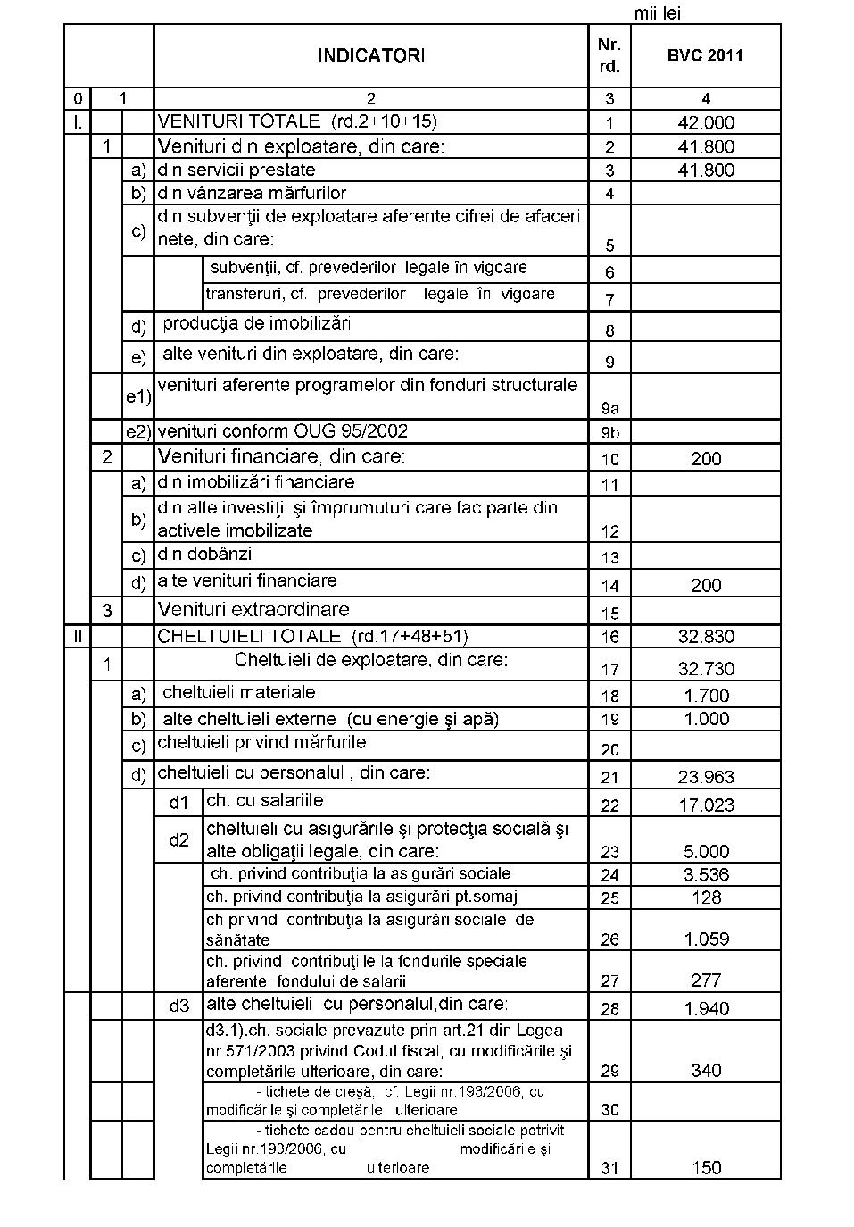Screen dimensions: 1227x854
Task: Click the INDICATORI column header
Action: tap(371, 55)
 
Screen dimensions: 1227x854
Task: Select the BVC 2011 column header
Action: tap(705, 55)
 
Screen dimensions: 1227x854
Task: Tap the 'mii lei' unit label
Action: tap(658, 13)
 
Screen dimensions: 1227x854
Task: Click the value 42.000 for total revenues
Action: tap(706, 123)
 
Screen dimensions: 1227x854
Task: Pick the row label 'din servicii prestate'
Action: tap(236, 170)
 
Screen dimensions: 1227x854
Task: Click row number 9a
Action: tap(609, 408)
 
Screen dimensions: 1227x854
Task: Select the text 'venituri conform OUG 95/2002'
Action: tap(283, 431)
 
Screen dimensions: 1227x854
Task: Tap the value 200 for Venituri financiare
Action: tap(706, 459)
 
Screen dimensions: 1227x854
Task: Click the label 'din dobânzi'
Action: tap(204, 555)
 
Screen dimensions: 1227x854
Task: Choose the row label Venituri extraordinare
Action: tap(253, 610)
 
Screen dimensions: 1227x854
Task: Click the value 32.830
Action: tap(706, 637)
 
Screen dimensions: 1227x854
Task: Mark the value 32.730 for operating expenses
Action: tap(706, 669)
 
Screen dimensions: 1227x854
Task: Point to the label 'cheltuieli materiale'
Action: tap(238, 692)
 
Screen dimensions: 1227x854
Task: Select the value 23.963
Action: tap(706, 777)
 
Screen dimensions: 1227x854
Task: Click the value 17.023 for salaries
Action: tap(706, 805)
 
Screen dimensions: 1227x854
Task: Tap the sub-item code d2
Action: tap(179, 840)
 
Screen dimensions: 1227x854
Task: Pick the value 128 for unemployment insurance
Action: tap(706, 897)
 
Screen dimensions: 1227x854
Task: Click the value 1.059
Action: tap(706, 939)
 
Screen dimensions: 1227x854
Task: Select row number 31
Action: tap(609, 1167)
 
